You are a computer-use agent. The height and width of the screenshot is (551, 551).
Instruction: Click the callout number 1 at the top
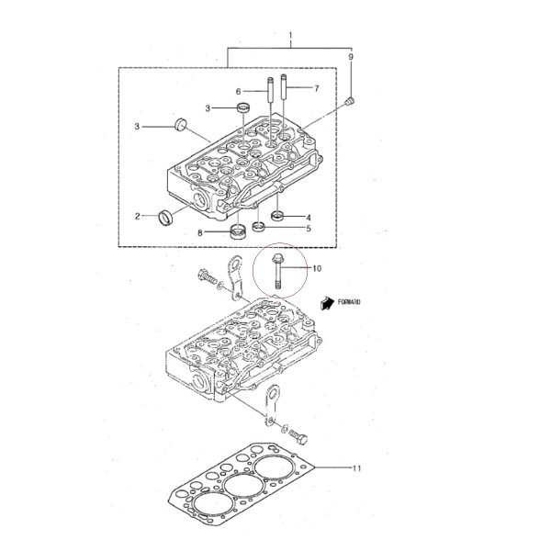290,36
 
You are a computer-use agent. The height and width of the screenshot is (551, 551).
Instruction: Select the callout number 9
351,57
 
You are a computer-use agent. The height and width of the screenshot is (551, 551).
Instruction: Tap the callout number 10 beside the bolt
317,268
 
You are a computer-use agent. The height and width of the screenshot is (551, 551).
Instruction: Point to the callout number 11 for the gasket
356,468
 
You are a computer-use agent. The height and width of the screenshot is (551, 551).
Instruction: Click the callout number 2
138,216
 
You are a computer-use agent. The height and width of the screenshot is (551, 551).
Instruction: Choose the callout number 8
200,232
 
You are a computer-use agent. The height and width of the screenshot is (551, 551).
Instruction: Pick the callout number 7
317,88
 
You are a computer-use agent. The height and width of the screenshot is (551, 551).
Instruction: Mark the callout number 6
238,92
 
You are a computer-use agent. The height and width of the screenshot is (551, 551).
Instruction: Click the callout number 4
309,218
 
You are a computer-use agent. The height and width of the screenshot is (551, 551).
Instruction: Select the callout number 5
309,229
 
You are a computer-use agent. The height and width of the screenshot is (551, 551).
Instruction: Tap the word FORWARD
349,302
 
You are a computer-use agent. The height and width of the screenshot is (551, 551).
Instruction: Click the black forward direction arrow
327,303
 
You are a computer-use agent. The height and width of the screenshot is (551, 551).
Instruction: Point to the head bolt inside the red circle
276,273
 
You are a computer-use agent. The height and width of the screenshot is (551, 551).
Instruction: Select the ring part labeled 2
165,218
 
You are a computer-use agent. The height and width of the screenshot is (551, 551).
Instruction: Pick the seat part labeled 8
238,231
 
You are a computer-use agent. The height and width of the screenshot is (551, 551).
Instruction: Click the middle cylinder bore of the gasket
244,486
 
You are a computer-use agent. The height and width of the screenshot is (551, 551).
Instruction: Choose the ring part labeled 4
277,215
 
